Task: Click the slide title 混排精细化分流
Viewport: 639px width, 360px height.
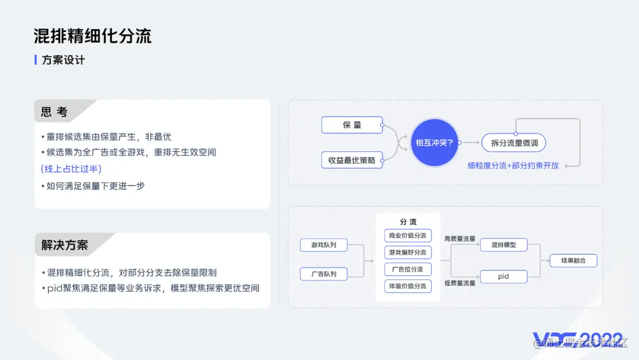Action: [92, 36]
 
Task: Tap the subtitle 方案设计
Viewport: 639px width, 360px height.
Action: [63, 60]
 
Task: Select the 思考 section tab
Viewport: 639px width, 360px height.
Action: [54, 112]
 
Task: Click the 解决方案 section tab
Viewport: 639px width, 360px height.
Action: [64, 245]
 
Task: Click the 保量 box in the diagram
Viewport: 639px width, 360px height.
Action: [352, 125]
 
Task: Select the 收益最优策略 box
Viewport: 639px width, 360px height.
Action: [352, 160]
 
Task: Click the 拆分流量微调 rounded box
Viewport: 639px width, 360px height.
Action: [514, 143]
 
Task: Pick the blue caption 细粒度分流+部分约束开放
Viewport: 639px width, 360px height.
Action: [513, 165]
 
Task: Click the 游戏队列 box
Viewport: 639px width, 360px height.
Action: [324, 245]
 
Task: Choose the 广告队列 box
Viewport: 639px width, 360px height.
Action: [324, 274]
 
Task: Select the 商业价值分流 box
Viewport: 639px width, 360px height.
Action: [408, 236]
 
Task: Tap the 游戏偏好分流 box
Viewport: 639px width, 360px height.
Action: [408, 252]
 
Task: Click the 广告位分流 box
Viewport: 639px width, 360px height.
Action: [408, 269]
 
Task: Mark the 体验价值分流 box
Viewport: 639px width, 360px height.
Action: [408, 286]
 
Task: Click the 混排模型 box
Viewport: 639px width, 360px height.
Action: [504, 245]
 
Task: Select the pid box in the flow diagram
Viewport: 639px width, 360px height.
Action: [504, 277]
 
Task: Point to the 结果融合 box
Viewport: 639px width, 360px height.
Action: [573, 261]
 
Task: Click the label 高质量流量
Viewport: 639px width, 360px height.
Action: [460, 239]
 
